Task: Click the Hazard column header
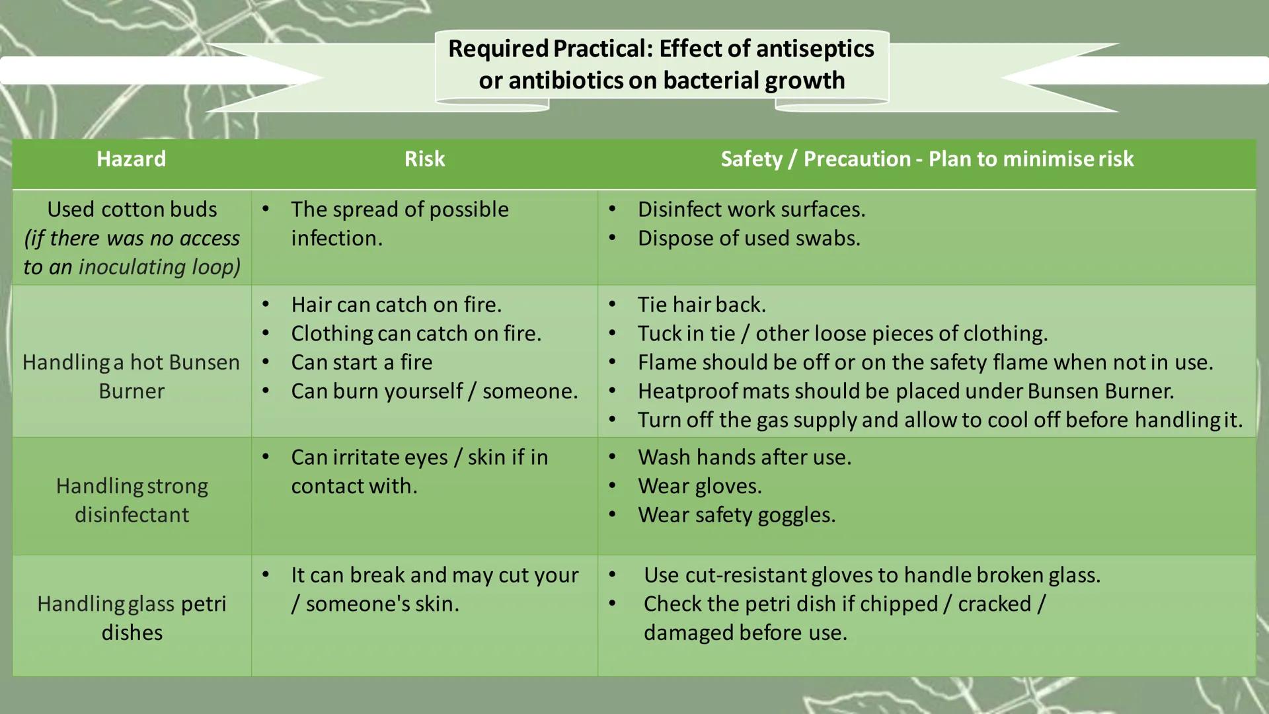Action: point(131,159)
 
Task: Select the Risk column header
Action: point(424,159)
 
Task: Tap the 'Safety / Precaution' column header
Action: point(927,159)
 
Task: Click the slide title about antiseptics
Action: point(661,64)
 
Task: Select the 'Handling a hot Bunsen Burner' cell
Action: point(131,376)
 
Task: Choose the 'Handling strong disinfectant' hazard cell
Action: point(132,500)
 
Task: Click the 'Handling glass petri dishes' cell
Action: point(132,617)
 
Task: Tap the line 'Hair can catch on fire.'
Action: point(396,305)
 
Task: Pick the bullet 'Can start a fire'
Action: point(362,362)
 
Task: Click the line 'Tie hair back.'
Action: point(701,305)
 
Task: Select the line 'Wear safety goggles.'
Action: point(736,515)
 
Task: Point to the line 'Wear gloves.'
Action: point(699,486)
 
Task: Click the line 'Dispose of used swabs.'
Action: point(749,238)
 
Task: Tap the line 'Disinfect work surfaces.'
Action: point(751,210)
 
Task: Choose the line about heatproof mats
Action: point(905,391)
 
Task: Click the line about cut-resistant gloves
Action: point(872,575)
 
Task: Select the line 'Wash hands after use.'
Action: point(744,457)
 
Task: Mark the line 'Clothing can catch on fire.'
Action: point(416,334)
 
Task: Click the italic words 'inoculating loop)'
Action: point(159,267)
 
